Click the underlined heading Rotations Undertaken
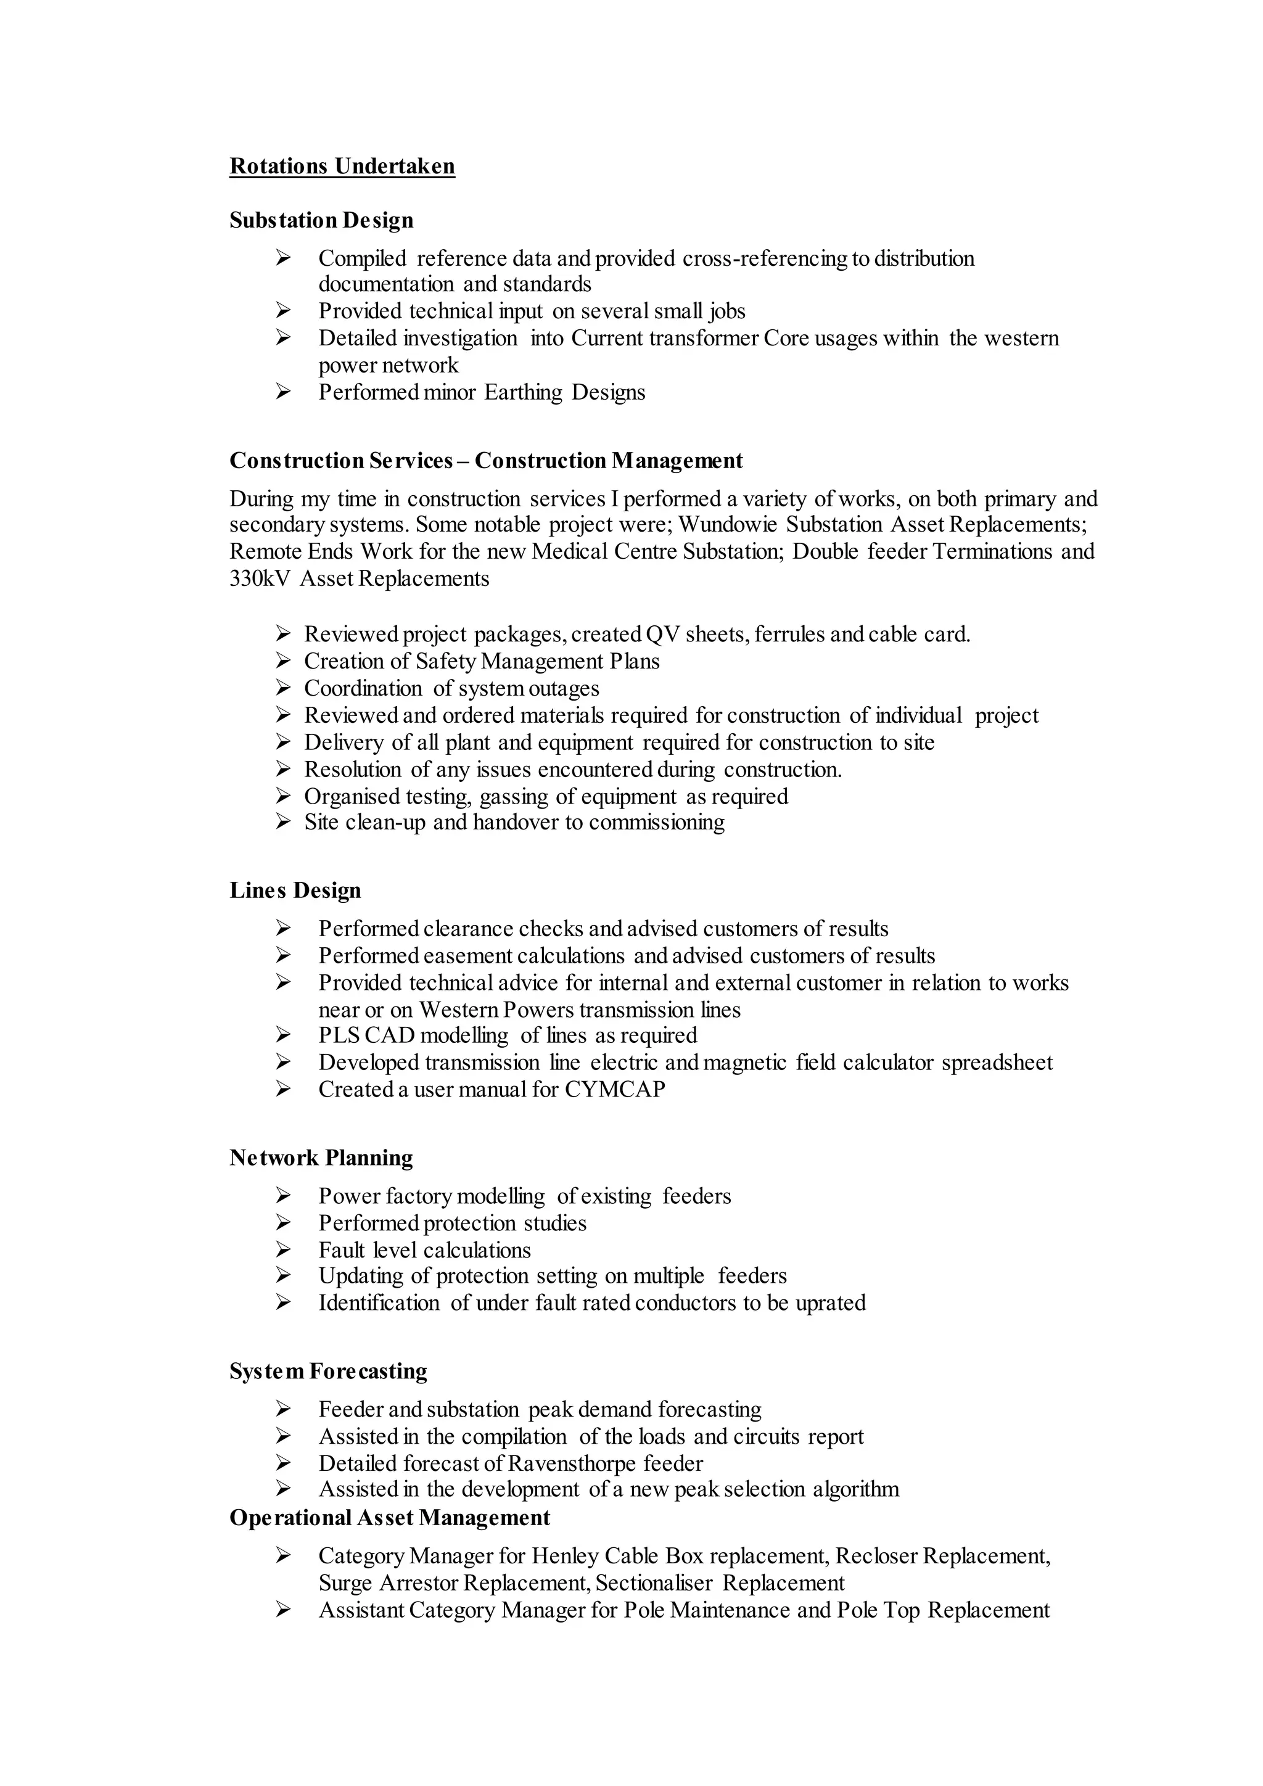click(342, 167)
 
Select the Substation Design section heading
click(321, 220)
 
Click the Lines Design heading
click(295, 891)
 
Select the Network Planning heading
click(321, 1158)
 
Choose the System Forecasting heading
click(328, 1372)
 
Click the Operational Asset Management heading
click(390, 1518)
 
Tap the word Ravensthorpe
click(572, 1464)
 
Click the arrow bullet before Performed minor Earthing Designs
click(283, 392)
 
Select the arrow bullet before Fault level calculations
click(283, 1250)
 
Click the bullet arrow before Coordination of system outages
click(283, 688)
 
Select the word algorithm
click(855, 1489)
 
